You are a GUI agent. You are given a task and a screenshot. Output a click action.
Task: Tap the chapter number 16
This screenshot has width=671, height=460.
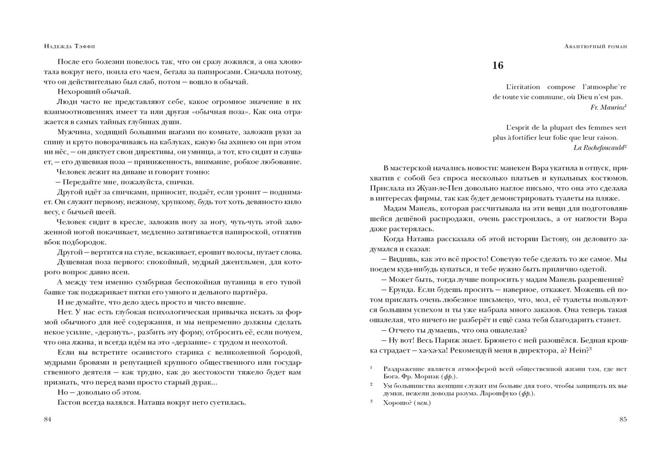point(498,66)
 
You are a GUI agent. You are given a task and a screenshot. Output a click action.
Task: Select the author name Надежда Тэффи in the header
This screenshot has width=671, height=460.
point(67,47)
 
